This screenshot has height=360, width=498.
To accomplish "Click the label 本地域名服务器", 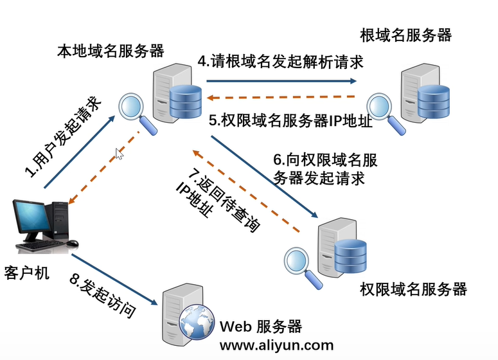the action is pyautogui.click(x=111, y=51).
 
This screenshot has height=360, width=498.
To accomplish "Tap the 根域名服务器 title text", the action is pyautogui.click(x=405, y=35).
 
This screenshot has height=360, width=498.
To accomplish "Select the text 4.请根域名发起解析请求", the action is pyautogui.click(x=280, y=61).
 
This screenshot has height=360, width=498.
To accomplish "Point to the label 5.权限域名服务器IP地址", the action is pyautogui.click(x=290, y=120).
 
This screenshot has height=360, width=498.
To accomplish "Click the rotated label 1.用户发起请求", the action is pyautogui.click(x=63, y=137).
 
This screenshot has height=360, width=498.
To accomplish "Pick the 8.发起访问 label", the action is pyautogui.click(x=103, y=296).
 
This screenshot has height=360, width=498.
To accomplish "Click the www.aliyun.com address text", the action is pyautogui.click(x=276, y=345).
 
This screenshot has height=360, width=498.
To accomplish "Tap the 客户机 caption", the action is pyautogui.click(x=27, y=273).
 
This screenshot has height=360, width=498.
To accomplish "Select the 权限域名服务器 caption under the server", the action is pyautogui.click(x=413, y=289).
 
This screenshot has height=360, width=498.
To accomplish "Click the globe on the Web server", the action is pyautogui.click(x=197, y=322).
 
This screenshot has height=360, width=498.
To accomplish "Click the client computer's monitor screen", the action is pyautogui.click(x=31, y=217).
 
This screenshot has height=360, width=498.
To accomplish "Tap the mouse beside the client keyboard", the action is pyautogui.click(x=73, y=243).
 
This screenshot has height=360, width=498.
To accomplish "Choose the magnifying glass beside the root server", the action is pyautogui.click(x=385, y=112).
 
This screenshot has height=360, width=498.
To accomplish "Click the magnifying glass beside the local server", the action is pyautogui.click(x=138, y=112).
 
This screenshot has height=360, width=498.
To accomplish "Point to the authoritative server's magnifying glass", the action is pyautogui.click(x=303, y=267).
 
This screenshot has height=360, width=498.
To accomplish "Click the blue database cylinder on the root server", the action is pyautogui.click(x=434, y=101).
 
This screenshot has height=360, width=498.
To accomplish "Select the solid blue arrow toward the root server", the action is pyautogui.click(x=281, y=81).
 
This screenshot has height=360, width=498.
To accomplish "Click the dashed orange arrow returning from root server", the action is pyautogui.click(x=281, y=97).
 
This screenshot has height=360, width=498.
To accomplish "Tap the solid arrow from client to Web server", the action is pyautogui.click(x=114, y=279).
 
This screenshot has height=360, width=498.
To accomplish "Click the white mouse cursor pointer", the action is pyautogui.click(x=119, y=154).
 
